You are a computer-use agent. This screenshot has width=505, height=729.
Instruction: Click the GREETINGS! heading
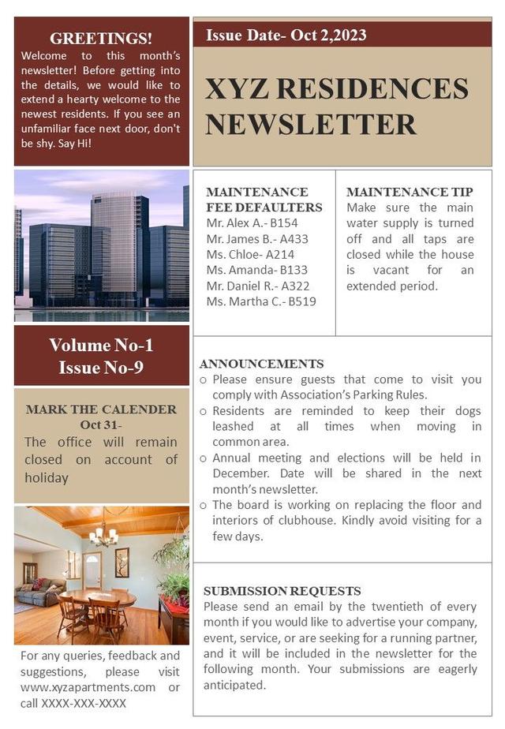tap(101, 38)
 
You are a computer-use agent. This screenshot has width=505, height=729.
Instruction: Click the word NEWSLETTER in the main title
tap(311, 124)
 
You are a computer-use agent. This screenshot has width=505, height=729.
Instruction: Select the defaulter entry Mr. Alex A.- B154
tap(252, 223)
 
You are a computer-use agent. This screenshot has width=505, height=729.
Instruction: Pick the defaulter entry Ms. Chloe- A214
tap(250, 254)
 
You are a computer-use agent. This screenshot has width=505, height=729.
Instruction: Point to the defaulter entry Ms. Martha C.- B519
tap(261, 301)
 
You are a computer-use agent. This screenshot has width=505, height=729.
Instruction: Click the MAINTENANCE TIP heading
tap(410, 192)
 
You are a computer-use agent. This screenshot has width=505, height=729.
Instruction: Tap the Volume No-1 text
tap(101, 345)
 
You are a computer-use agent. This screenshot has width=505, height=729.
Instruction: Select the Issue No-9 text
tap(101, 368)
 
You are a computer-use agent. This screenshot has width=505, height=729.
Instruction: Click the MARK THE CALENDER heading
tap(101, 409)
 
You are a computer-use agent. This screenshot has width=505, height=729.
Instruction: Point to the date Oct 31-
tap(101, 425)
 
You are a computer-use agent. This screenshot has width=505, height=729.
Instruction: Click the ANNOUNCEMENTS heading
tap(261, 364)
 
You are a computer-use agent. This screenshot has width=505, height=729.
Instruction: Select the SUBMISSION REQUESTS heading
tap(282, 591)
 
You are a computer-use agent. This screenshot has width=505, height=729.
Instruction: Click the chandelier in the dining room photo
tap(103, 536)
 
